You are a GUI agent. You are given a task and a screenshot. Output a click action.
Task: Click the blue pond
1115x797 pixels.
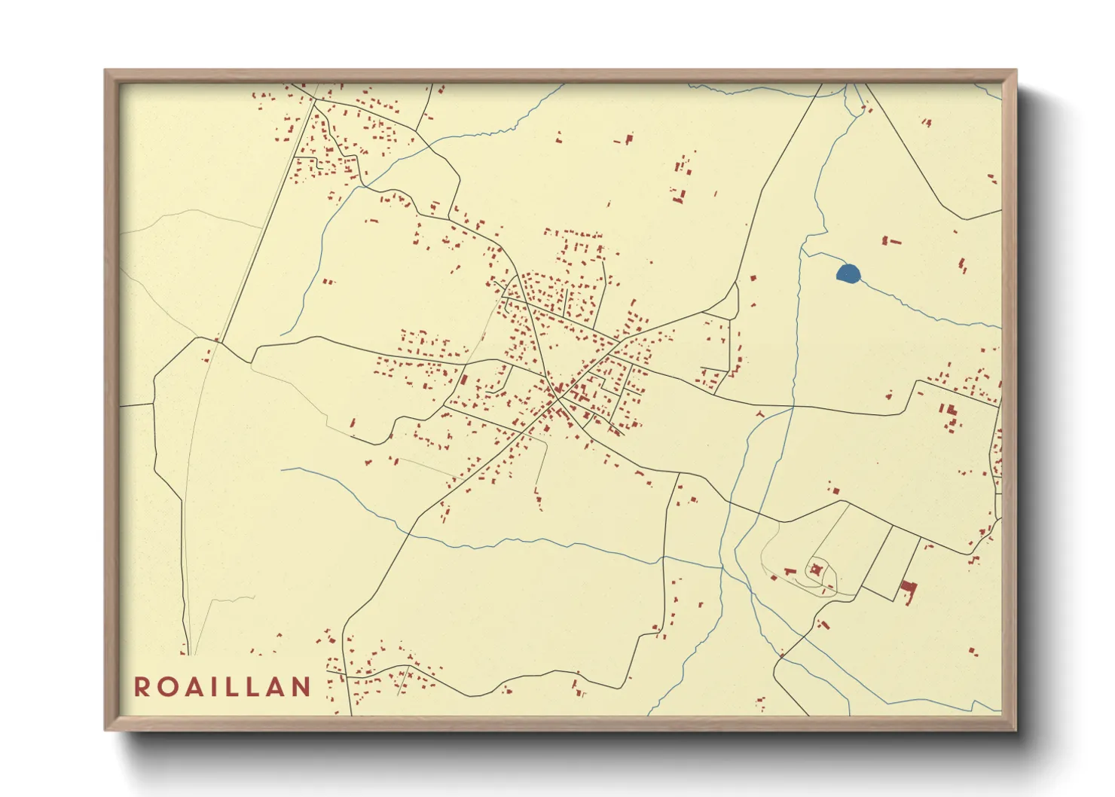coord(848,273)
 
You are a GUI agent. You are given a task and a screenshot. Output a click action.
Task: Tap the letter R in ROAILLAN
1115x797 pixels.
coord(142,686)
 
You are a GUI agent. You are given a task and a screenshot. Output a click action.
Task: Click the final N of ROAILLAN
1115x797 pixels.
coord(302,686)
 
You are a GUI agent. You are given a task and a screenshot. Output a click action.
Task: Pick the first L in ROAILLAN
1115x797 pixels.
coord(237,686)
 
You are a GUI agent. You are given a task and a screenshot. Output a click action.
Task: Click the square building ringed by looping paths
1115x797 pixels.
coord(816,570)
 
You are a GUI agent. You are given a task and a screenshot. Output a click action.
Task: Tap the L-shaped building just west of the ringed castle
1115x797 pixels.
coord(789,572)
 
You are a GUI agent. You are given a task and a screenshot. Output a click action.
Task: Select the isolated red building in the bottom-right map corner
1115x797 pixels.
coord(973,651)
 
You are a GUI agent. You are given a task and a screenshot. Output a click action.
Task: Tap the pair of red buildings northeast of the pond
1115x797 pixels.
coord(890,241)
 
